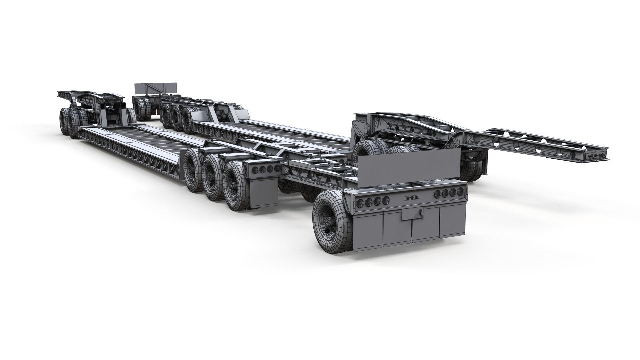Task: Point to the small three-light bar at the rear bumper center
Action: point(412,198)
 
